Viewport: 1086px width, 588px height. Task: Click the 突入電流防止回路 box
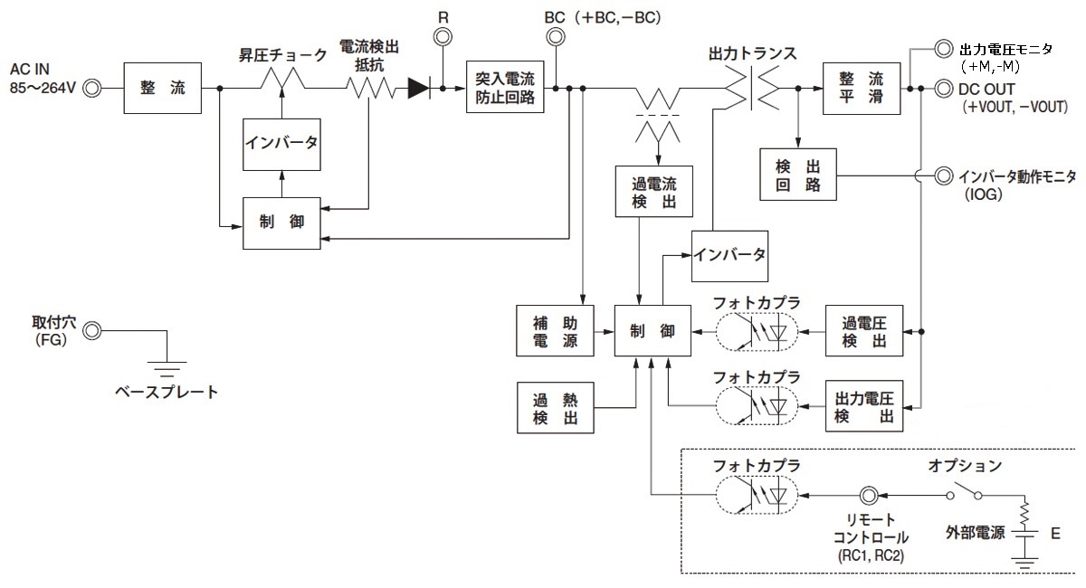[506, 88]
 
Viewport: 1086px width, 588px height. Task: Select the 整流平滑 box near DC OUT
[862, 89]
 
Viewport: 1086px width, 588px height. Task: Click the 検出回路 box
[798, 174]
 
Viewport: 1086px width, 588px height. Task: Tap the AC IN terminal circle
[93, 89]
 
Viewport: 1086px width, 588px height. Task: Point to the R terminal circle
[443, 37]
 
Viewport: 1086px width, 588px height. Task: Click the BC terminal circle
[555, 37]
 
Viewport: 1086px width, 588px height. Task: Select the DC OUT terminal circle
[943, 89]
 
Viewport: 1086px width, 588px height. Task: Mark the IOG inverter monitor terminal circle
[943, 174]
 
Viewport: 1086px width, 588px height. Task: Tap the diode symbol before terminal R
[418, 89]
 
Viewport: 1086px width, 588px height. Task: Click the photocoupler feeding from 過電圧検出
[757, 331]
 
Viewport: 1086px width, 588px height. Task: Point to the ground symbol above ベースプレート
[167, 370]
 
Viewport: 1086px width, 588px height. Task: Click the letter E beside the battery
[1055, 535]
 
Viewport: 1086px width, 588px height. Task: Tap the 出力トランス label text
[753, 53]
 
